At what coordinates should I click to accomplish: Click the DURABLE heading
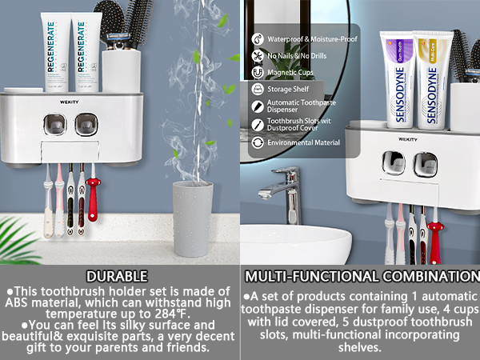[119, 276]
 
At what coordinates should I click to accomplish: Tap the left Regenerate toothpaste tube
[50, 56]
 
